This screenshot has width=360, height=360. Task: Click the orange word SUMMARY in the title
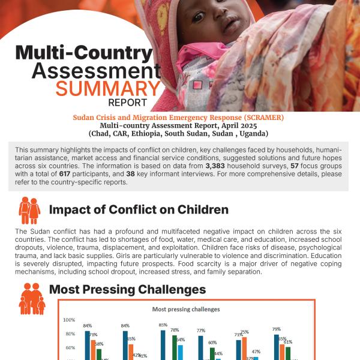108,89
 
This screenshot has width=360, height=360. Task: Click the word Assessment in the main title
96,70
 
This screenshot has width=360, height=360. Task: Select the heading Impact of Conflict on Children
139,210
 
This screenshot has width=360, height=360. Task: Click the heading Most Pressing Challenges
127,290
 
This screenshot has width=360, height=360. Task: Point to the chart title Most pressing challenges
185,309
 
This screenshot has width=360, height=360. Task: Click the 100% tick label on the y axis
69,320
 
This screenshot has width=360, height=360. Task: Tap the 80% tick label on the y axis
70,334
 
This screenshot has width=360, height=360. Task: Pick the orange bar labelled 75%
244,348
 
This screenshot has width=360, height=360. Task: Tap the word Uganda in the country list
254,133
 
